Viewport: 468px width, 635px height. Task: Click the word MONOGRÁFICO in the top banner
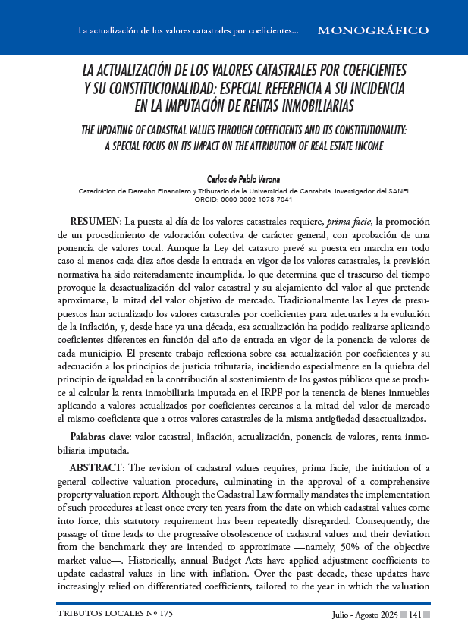[372, 31]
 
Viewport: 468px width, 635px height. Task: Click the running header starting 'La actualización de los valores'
[188, 32]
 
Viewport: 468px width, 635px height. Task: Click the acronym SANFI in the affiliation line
[397, 192]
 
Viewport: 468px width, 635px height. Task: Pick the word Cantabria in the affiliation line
[301, 192]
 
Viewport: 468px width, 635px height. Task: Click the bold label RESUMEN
[96, 221]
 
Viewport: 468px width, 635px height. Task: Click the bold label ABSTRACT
[99, 467]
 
